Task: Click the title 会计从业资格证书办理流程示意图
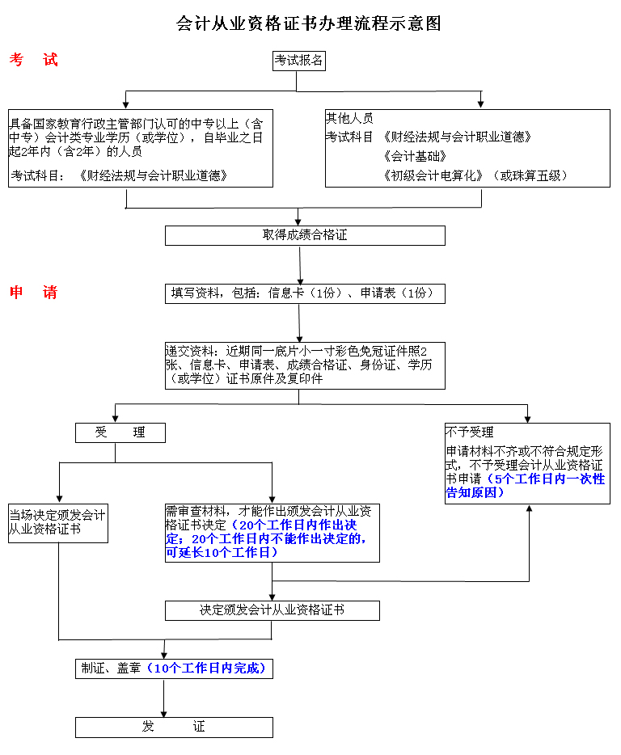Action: pos(309,23)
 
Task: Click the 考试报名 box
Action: pos(298,61)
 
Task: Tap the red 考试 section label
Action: pos(33,60)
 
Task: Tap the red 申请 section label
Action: pos(33,293)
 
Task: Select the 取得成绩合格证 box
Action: pos(305,235)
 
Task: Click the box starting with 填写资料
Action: pos(305,293)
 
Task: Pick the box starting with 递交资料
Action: pos(305,366)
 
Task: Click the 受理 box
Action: pos(120,433)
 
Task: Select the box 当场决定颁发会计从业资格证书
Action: pos(58,523)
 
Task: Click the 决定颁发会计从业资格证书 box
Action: pos(272,610)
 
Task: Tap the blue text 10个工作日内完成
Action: pos(206,669)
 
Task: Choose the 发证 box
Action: pos(174,727)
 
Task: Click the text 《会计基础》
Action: pos(416,156)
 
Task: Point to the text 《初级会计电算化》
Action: pos(433,175)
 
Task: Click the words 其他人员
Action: pos(350,118)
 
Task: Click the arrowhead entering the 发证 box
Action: pos(164,714)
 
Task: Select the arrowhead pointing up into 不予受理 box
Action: pos(529,508)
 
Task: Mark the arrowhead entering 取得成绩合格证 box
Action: pos(298,222)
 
